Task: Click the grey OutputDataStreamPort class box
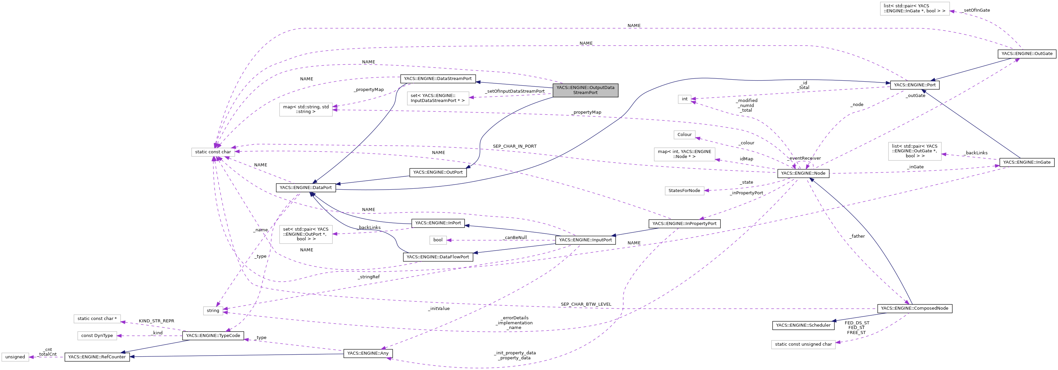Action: [585, 90]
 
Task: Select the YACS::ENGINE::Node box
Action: [802, 173]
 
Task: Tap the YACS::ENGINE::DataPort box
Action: [305, 187]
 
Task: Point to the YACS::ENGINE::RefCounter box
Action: [97, 357]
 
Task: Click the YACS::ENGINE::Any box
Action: [367, 353]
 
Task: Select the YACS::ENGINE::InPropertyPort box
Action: [684, 224]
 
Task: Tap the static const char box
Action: [213, 152]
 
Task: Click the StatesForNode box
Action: [684, 191]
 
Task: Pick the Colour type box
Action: [684, 134]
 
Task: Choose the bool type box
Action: [438, 240]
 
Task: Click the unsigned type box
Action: [15, 357]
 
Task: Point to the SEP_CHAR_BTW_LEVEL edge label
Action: [586, 304]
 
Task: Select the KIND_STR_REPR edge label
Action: [156, 321]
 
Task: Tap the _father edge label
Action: [857, 236]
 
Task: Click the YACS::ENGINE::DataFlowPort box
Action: [437, 257]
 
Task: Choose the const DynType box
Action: [97, 335]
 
